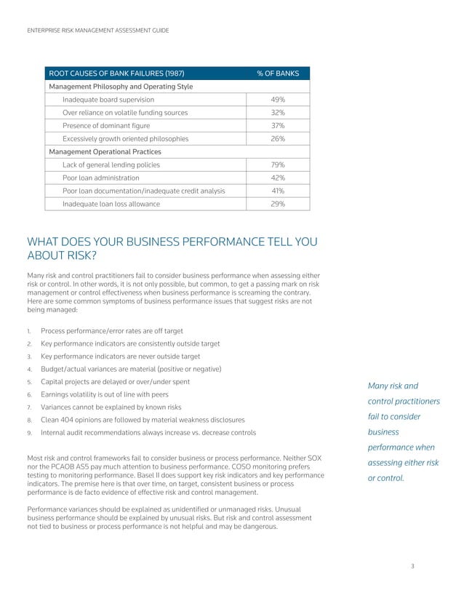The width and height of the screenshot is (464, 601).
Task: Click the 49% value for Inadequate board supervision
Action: [278, 100]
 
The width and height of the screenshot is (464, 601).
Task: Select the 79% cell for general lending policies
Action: [278, 165]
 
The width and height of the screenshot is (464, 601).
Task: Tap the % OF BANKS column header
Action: [278, 73]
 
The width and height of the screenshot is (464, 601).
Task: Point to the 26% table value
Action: [278, 139]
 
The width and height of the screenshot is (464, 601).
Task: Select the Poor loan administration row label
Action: [100, 178]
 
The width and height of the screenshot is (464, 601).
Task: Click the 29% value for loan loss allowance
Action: [278, 204]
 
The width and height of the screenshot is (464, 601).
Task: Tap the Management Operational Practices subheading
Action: [104, 152]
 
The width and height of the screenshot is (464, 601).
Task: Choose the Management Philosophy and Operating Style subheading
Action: [120, 87]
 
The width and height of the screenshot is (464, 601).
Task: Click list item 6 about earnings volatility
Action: [105, 394]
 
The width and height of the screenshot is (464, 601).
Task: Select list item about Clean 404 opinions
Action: [143, 420]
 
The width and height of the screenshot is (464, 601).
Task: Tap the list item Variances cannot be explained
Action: [111, 407]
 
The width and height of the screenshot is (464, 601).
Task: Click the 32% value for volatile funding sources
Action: [278, 113]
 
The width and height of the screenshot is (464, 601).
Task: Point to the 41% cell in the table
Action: [278, 191]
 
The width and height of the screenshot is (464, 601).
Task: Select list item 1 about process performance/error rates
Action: [111, 330]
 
